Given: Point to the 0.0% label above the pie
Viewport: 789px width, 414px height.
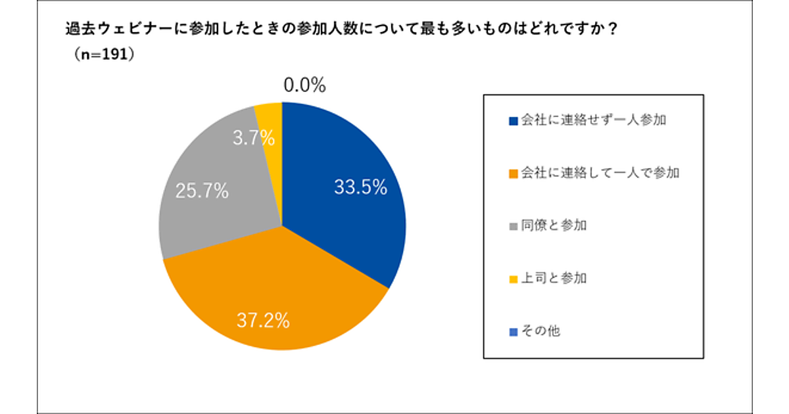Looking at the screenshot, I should click(x=304, y=85).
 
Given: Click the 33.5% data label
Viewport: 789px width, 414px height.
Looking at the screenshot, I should click(x=360, y=188).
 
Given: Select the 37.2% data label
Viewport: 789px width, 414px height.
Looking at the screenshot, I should click(x=263, y=321).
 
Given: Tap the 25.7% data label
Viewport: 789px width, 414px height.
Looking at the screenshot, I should click(x=202, y=191).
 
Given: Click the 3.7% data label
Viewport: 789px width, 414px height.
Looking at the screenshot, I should click(x=253, y=139).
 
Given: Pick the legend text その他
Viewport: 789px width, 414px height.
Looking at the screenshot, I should click(x=540, y=331).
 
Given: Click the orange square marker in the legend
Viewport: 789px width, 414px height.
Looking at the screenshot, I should click(x=514, y=174).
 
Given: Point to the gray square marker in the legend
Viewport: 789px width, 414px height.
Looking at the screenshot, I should click(x=514, y=227).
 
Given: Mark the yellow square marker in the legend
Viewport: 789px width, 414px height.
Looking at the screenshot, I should click(x=514, y=279).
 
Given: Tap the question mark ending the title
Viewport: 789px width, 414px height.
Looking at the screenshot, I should click(x=613, y=30).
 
